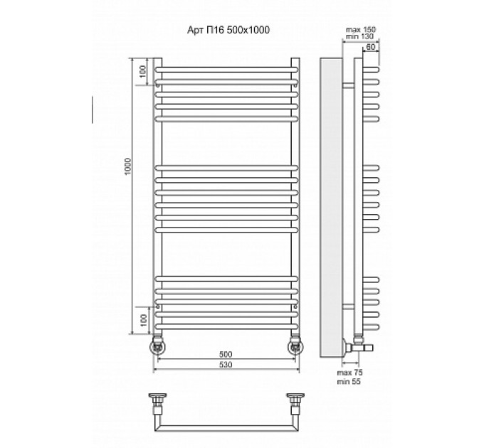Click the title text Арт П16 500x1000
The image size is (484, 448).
228,30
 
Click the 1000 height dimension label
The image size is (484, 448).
128,166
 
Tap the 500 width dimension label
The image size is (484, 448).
226,355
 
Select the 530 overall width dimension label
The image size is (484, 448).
226,364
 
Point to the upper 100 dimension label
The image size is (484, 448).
143,72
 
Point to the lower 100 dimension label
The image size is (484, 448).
143,320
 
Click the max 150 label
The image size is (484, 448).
361,30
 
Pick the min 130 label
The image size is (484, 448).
359,36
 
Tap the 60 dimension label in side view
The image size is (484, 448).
370,47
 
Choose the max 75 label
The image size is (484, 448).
349,373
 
